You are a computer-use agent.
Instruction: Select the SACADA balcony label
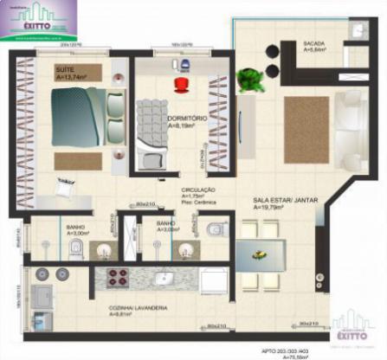tap(313, 46)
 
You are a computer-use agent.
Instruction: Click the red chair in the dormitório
tap(181, 84)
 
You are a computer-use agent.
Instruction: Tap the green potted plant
tap(250, 80)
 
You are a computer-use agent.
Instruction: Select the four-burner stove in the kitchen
tap(117, 278)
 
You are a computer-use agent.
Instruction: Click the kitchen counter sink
tap(164, 279)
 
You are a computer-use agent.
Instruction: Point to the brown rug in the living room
tap(306, 129)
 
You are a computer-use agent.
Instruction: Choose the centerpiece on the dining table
tap(258, 253)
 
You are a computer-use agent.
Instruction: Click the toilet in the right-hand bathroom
tap(214, 229)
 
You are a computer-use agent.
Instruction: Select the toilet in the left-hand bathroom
tap(75, 249)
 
